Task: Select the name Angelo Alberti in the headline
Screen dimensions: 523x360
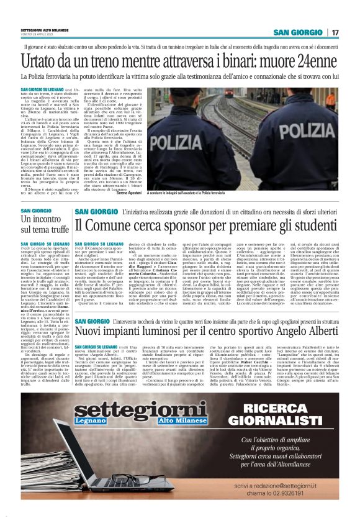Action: pos(307,330)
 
